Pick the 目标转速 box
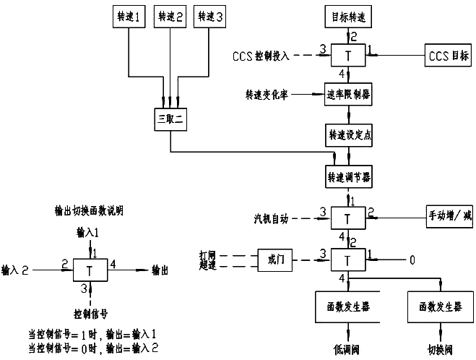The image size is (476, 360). (347, 15)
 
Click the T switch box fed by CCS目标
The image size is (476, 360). (347, 56)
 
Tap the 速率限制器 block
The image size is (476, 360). (347, 95)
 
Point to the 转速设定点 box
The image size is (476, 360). (347, 134)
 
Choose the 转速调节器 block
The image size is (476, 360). (347, 176)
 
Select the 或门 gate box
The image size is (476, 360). (275, 258)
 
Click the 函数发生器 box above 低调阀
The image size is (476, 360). (344, 307)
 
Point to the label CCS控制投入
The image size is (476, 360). (264, 55)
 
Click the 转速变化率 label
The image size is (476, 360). (267, 95)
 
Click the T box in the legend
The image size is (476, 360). (90, 270)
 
